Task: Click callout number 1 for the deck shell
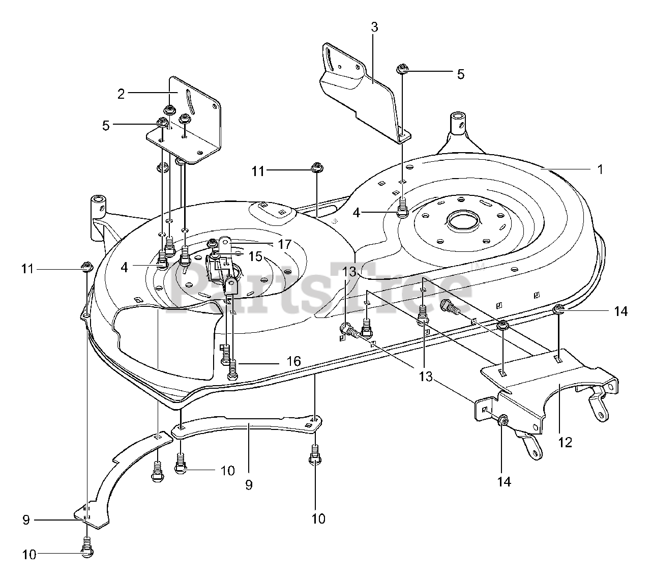(x=600, y=169)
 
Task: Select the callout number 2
(x=121, y=94)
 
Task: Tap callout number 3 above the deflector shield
(x=374, y=27)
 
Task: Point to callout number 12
(x=565, y=442)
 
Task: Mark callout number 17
(x=284, y=245)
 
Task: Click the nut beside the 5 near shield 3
(x=402, y=68)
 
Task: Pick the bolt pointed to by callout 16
(x=233, y=368)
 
